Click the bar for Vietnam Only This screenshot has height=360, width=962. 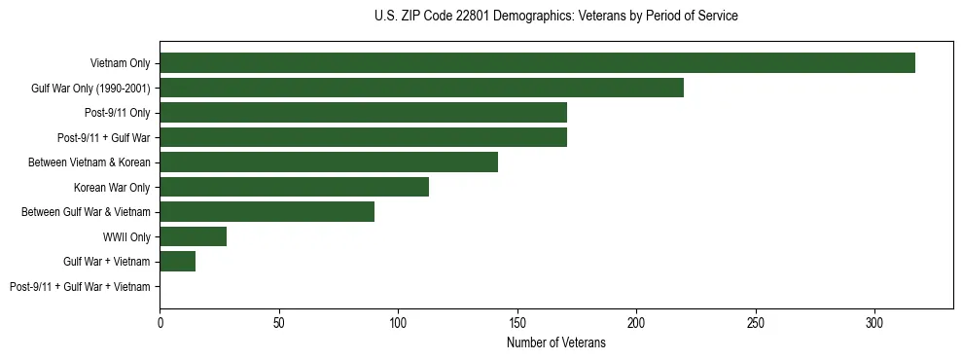(x=537, y=63)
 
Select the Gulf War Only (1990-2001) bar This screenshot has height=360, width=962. (x=421, y=88)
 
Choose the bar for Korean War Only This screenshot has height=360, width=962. (x=294, y=187)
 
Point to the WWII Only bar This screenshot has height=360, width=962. (x=193, y=236)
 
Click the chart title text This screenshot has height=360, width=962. (x=555, y=17)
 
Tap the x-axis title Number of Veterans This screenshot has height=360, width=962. (x=555, y=343)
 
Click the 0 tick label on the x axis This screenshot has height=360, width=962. (x=160, y=322)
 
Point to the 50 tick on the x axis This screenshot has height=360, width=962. (x=278, y=322)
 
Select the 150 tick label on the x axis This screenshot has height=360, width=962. (x=517, y=322)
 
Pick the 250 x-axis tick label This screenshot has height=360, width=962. (x=755, y=322)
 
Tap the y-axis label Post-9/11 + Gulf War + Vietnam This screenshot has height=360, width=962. (x=80, y=287)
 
